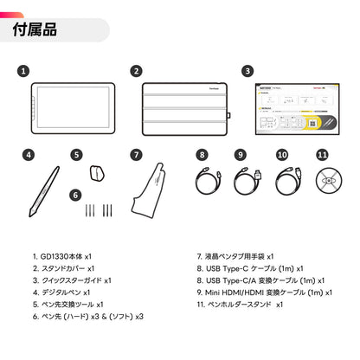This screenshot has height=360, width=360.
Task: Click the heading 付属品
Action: (x=35, y=29)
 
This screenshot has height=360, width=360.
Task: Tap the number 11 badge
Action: (x=322, y=156)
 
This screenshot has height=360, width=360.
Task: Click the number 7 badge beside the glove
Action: (x=136, y=156)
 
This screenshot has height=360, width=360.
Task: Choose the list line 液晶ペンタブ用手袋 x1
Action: (x=235, y=256)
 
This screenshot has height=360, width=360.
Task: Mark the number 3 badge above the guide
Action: (x=247, y=72)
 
